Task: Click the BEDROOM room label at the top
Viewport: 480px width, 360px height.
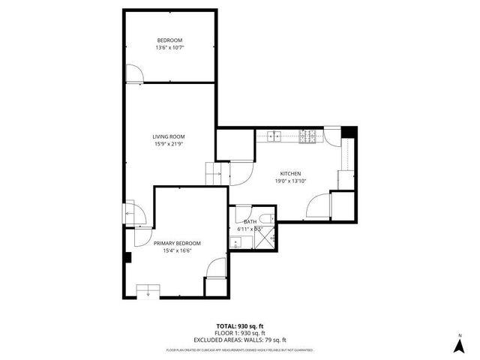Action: coord(169,40)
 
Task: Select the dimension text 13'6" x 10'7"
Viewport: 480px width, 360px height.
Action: coord(169,47)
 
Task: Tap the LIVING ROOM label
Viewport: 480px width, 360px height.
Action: coord(169,136)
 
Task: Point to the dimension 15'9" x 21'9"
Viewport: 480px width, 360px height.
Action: coord(169,143)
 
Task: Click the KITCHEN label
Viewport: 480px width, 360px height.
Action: coord(290,173)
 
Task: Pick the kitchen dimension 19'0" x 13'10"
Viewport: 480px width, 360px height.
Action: coord(290,181)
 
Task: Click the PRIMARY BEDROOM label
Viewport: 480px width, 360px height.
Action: coord(177,243)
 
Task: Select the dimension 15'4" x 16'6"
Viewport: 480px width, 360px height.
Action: coord(177,250)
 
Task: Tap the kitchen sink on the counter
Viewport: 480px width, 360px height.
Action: coord(274,136)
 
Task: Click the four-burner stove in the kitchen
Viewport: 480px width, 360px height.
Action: coord(307,136)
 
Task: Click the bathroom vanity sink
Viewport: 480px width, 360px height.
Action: coord(235,241)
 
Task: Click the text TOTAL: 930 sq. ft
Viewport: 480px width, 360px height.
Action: coord(239,326)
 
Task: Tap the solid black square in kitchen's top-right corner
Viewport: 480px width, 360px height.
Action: coord(349,133)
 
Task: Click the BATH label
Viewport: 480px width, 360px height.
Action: coord(250,221)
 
